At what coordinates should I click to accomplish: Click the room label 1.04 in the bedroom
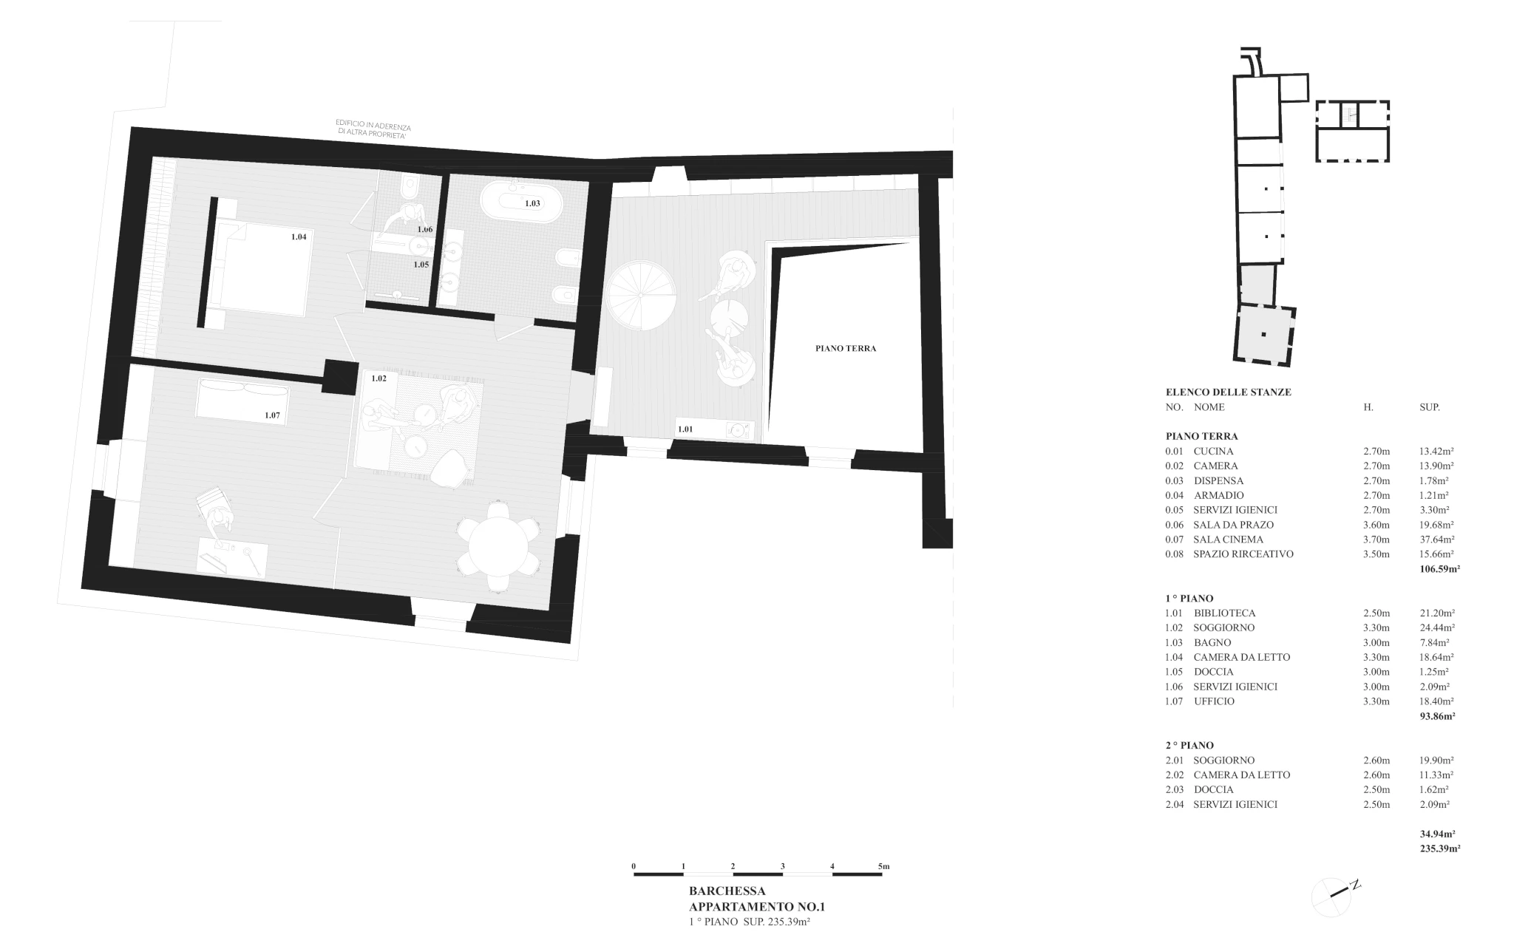click(x=299, y=237)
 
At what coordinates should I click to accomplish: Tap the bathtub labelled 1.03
click(x=522, y=203)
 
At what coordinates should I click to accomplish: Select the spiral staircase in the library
click(x=641, y=295)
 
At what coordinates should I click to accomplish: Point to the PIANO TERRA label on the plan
click(x=846, y=348)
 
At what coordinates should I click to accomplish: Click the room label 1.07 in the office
click(x=273, y=415)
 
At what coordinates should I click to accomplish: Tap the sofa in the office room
click(x=242, y=400)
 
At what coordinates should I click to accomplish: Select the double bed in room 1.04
click(x=258, y=269)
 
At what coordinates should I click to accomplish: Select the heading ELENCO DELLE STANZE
click(x=1228, y=392)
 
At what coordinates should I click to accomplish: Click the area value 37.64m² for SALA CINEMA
click(x=1436, y=540)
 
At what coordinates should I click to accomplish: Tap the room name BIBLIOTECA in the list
click(x=1224, y=613)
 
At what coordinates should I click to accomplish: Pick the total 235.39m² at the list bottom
click(x=1439, y=849)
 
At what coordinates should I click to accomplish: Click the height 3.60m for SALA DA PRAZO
click(x=1376, y=525)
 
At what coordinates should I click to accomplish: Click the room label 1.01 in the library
click(x=685, y=429)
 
